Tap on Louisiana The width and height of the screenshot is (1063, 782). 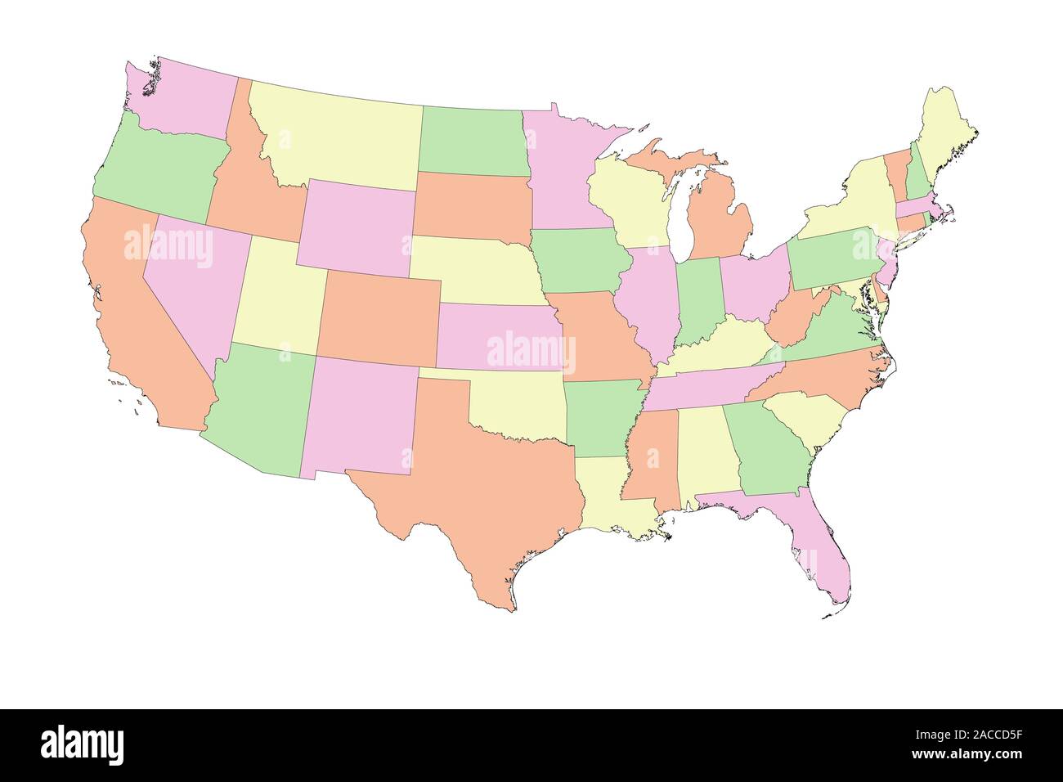point(609,495)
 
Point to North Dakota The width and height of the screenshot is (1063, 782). point(472,139)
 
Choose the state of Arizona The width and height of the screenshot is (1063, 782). point(258,409)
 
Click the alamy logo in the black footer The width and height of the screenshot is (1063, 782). point(83,744)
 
